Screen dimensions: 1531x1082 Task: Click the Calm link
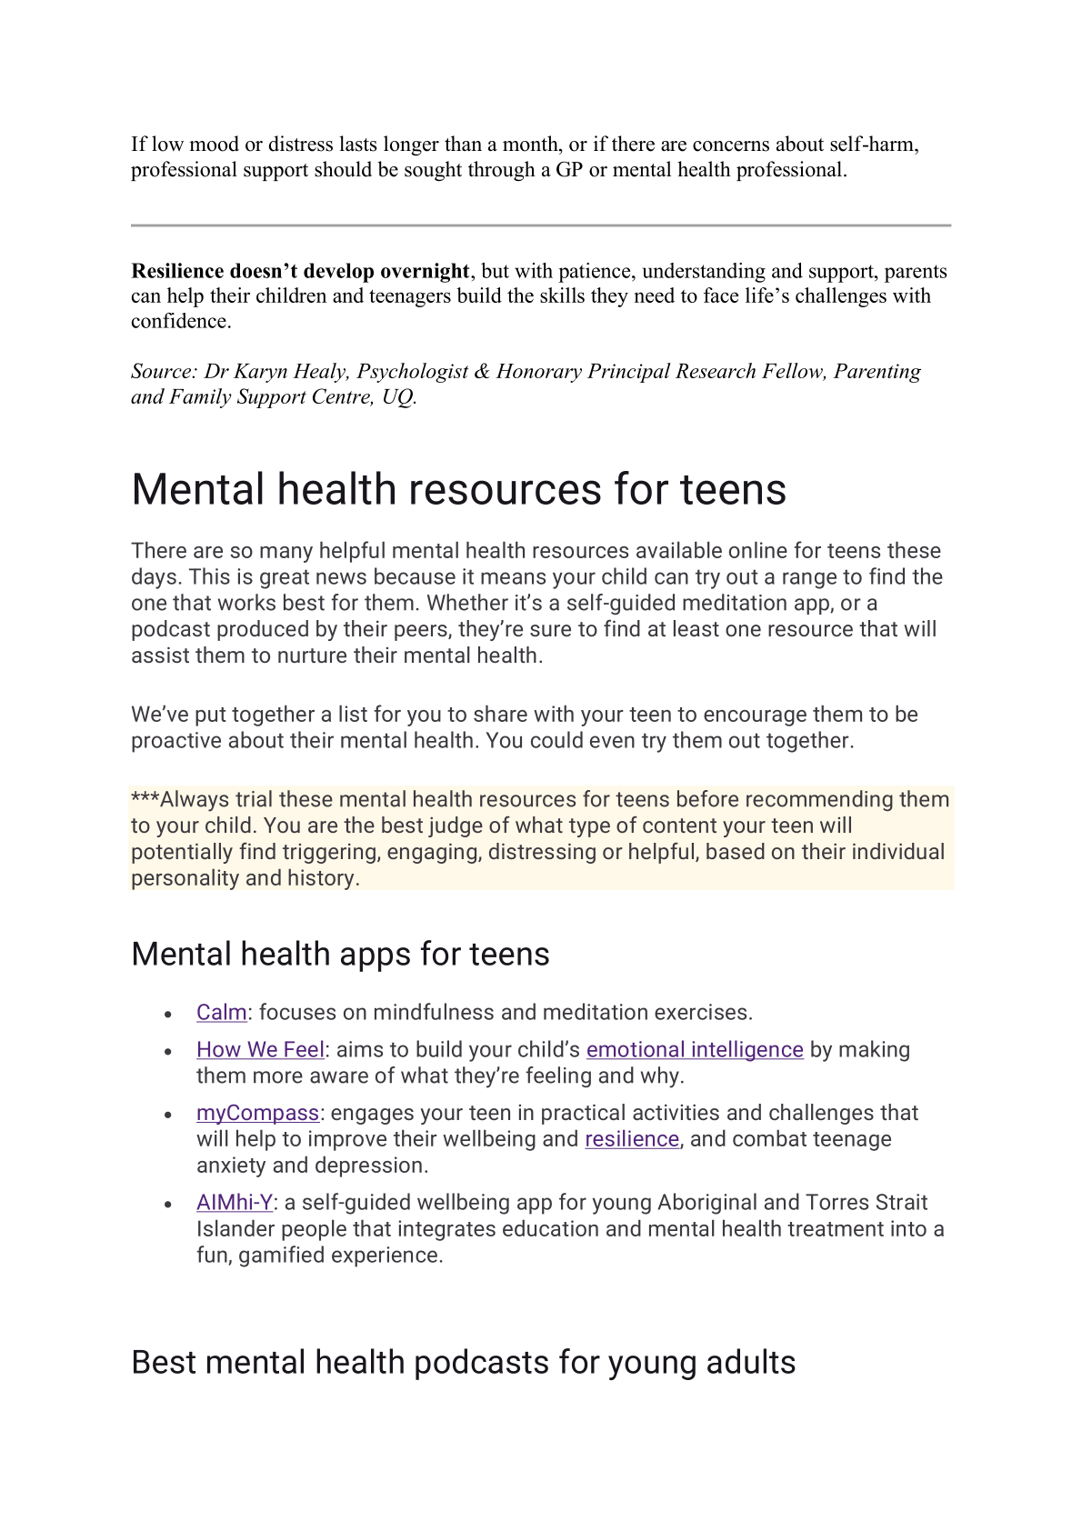tap(222, 1013)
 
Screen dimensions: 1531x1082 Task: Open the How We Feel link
tap(260, 1050)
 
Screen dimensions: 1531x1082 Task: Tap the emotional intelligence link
tap(695, 1050)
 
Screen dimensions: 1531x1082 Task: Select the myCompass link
tap(257, 1114)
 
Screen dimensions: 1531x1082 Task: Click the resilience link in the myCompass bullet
tap(632, 1140)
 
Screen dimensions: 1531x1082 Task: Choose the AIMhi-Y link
tap(235, 1203)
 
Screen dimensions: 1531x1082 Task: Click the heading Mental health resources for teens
tap(458, 489)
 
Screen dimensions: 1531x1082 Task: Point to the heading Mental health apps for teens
tap(340, 955)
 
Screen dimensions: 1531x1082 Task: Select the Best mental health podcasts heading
tap(463, 1363)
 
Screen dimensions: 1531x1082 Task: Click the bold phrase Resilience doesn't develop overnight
tap(300, 272)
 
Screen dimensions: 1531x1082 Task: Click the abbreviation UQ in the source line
tap(397, 397)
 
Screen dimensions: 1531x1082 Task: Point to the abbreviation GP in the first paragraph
tap(569, 170)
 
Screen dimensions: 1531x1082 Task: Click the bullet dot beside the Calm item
tap(168, 1015)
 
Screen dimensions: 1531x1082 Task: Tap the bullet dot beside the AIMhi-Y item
tap(168, 1205)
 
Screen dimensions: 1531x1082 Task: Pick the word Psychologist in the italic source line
tap(412, 372)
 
